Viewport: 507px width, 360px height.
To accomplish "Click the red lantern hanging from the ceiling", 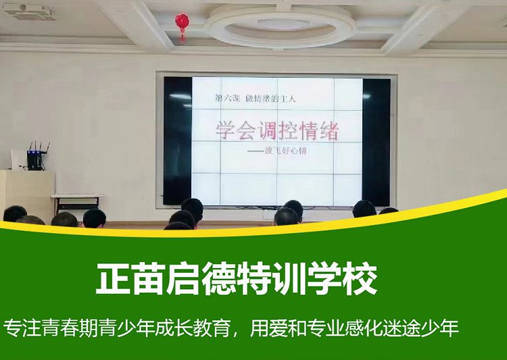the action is [x=182, y=22].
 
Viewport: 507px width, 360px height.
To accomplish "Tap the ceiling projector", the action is [x=30, y=11].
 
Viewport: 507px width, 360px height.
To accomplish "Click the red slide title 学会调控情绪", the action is [x=277, y=130].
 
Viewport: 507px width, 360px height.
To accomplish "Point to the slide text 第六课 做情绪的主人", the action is [x=256, y=98].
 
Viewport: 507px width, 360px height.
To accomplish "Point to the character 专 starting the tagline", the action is [x=11, y=328].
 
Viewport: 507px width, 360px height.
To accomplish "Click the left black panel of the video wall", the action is [x=178, y=140].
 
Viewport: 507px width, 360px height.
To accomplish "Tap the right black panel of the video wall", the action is [x=376, y=143].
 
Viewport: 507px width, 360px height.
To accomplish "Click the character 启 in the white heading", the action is [x=183, y=278].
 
